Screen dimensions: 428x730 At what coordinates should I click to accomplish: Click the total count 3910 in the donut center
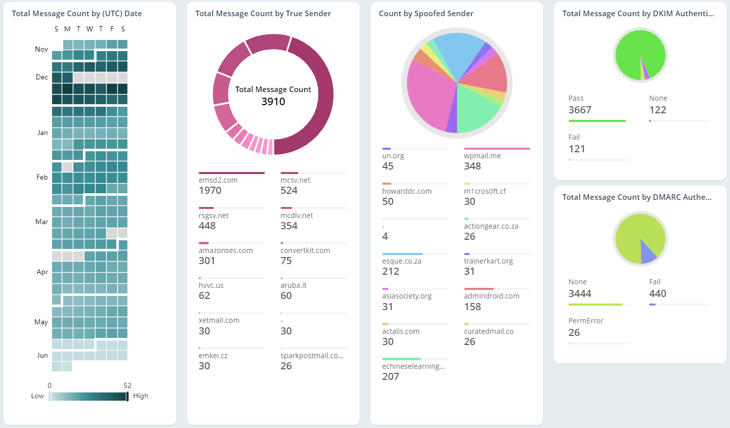273,102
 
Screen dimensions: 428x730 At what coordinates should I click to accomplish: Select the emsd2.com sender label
218,180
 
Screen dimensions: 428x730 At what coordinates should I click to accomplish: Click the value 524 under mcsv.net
289,191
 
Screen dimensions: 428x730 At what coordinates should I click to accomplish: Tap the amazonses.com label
225,250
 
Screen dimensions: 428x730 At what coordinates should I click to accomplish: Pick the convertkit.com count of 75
286,261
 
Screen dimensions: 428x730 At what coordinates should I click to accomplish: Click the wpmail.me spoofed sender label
482,156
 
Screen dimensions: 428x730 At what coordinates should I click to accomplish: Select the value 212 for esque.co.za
390,272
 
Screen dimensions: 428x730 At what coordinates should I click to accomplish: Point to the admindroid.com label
491,296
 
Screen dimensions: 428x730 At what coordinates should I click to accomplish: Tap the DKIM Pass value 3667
579,110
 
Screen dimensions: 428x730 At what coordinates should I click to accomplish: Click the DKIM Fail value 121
576,149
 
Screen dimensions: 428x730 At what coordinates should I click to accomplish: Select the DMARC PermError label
585,321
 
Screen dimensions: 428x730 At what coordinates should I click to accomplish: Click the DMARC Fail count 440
657,294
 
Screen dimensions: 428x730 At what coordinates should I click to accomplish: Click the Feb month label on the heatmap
42,177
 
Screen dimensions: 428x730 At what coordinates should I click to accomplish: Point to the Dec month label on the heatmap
42,77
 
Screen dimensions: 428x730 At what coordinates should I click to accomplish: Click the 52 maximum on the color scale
127,386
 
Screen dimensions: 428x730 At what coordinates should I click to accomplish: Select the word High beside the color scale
141,396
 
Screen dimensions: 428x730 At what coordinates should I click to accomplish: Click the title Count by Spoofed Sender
426,14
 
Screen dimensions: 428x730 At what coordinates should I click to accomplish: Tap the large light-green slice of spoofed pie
475,109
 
